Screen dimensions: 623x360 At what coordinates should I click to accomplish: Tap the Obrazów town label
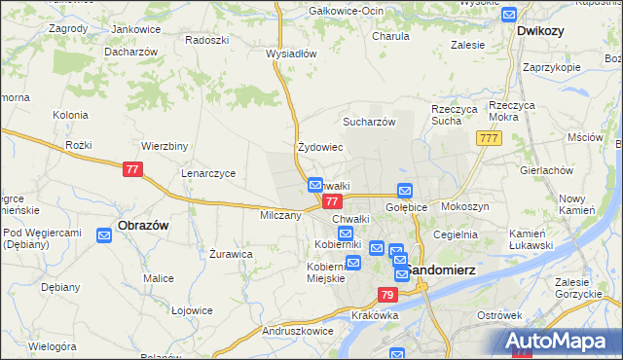point(143,225)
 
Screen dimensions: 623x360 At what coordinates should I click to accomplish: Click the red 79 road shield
point(387,295)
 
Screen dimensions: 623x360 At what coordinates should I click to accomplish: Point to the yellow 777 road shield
point(489,140)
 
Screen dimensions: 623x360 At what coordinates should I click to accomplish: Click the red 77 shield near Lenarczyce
point(134,169)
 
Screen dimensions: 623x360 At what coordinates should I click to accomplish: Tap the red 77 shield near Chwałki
point(331,201)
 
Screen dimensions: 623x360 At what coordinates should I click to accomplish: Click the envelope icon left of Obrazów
point(104,234)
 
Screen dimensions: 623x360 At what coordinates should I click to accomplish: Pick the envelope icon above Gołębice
point(405,191)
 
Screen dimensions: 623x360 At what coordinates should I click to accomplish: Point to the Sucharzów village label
point(368,122)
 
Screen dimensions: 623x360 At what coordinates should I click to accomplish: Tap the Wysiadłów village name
point(291,54)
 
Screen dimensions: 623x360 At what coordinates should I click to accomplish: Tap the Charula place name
point(390,36)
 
